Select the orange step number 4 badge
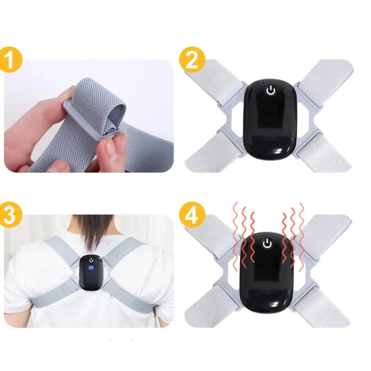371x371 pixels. coord(191,215)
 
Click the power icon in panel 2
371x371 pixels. coord(270,91)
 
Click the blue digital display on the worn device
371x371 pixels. coord(91,268)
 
